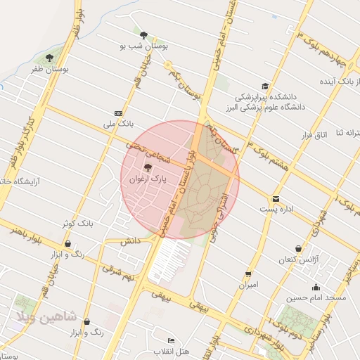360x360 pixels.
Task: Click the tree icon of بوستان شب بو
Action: [x=144, y=34]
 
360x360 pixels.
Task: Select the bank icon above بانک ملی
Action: [x=117, y=113]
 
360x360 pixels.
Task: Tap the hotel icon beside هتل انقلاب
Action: [x=170, y=340]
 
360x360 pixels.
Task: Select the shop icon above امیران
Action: [x=248, y=274]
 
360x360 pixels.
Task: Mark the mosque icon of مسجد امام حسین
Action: [x=316, y=286]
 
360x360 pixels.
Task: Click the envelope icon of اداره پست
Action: [x=276, y=199]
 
